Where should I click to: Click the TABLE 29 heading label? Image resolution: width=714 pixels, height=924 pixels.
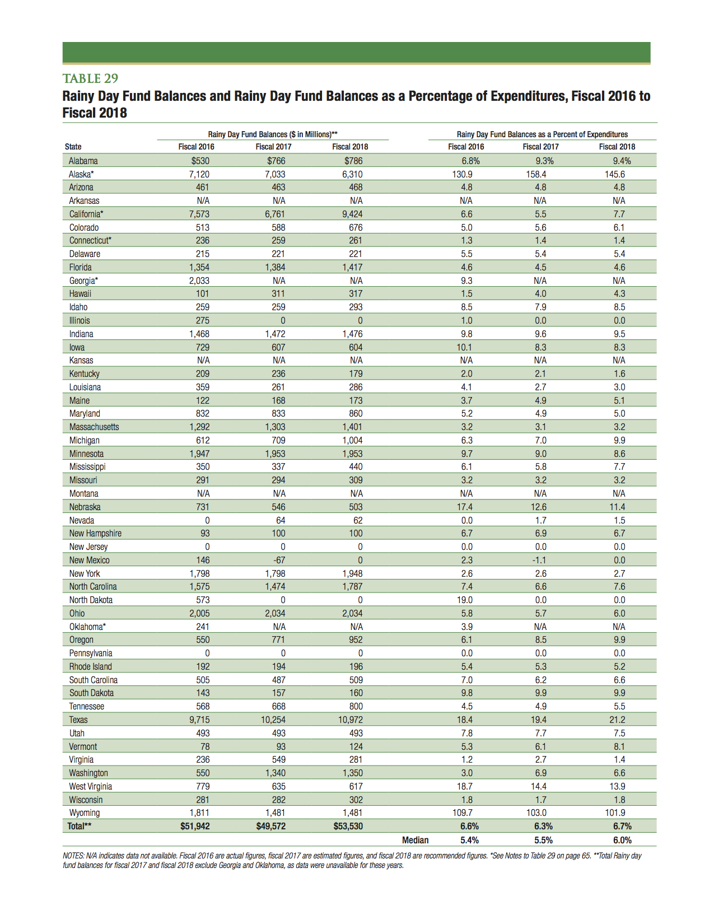pos(90,78)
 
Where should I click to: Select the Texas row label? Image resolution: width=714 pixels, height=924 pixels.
pos(78,720)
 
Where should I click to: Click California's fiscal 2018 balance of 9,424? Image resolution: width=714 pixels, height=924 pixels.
pos(352,214)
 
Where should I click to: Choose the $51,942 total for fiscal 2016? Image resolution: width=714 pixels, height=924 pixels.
pos(195,826)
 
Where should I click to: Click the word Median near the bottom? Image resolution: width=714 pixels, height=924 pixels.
pos(415,840)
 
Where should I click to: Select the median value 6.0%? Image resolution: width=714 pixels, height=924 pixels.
pos(622,840)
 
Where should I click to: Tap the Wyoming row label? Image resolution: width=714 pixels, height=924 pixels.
pos(85,813)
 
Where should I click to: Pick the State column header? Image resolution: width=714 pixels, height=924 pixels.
pos(73,147)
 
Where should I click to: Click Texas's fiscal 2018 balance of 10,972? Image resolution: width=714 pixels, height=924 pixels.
pos(350,720)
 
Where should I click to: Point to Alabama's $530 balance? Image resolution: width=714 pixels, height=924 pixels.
pos(200,161)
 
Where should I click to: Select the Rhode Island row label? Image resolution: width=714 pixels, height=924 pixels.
pos(91,666)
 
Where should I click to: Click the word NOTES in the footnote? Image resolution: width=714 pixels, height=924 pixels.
pos(73,856)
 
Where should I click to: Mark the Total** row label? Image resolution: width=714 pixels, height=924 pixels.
pos(80,826)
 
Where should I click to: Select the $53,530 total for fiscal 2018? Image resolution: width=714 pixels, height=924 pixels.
pos(348,826)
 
